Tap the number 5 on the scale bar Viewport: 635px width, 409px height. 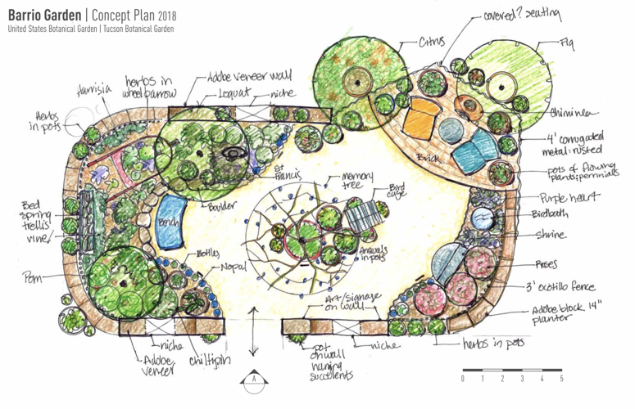coord(562,379)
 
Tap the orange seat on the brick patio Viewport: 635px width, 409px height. coord(420,120)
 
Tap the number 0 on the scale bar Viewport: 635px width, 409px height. coord(463,379)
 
